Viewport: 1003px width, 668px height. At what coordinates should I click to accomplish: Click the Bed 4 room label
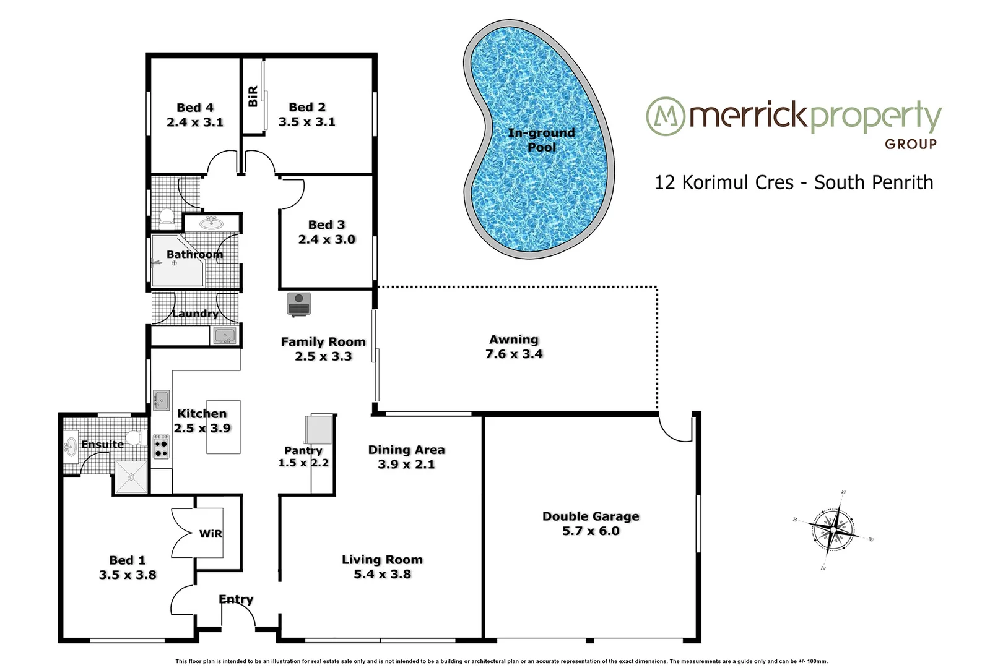click(195, 108)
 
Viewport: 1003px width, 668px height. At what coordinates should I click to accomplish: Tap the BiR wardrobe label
click(253, 96)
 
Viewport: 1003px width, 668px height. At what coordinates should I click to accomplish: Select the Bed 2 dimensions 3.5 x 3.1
click(307, 122)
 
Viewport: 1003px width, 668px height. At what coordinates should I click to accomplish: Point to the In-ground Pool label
click(542, 140)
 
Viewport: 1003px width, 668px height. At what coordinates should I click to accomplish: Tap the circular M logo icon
click(665, 116)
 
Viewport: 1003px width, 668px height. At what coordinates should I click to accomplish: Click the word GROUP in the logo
click(911, 144)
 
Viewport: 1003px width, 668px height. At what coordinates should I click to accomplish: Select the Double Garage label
click(591, 516)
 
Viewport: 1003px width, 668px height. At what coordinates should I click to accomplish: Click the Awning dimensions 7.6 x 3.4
click(514, 354)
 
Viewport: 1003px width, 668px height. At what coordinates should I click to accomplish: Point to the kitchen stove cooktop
click(161, 447)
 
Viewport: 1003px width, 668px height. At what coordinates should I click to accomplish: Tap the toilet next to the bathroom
click(166, 217)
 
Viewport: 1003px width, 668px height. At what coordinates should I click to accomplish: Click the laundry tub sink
click(224, 335)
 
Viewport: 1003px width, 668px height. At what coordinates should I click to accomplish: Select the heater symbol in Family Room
click(299, 304)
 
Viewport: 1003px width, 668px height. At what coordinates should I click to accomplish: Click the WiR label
click(211, 534)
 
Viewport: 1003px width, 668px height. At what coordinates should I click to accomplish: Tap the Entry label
click(236, 599)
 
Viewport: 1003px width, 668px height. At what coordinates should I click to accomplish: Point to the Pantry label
click(303, 450)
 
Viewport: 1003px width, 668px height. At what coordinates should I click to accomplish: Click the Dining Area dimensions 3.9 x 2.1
click(406, 465)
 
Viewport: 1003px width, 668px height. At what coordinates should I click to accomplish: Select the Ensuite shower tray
click(131, 477)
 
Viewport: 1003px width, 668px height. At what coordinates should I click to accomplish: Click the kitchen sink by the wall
click(161, 400)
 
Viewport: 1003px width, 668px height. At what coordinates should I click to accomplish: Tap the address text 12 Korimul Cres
click(724, 182)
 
